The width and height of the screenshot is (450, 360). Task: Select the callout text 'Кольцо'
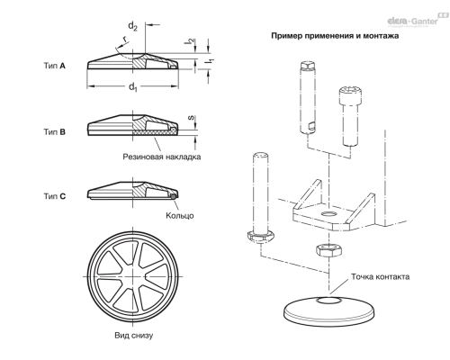[x=179, y=216]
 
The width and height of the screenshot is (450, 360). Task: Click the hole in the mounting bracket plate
[x=325, y=213]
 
